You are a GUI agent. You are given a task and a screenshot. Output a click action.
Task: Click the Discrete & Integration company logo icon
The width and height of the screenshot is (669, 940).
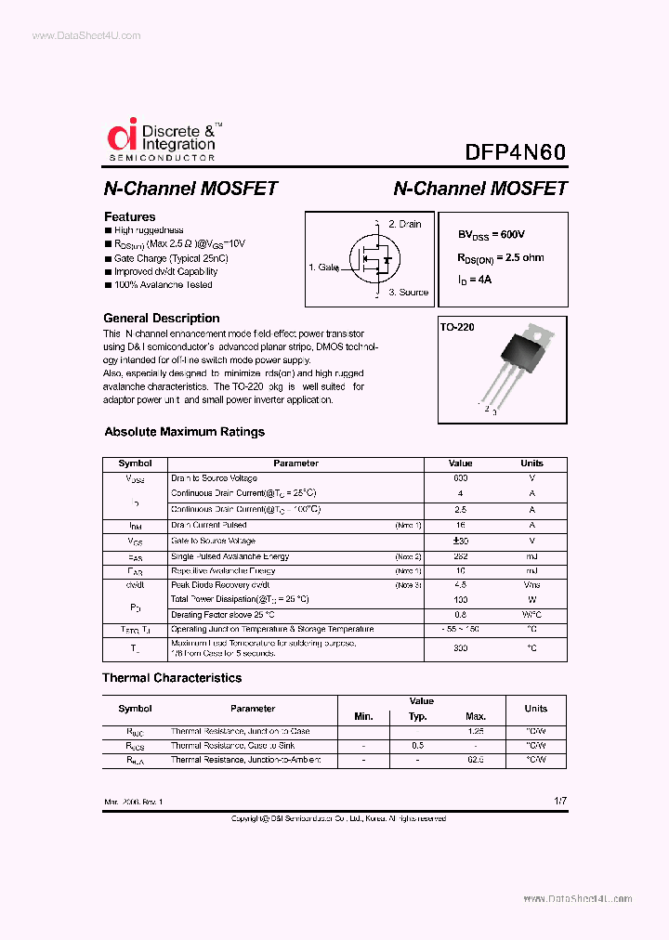122,136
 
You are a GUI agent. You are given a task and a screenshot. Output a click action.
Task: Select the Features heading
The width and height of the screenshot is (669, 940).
129,216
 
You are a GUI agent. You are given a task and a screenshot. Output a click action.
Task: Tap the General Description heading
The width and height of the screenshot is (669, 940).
161,318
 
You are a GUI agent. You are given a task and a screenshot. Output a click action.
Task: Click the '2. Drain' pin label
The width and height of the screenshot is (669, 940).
404,224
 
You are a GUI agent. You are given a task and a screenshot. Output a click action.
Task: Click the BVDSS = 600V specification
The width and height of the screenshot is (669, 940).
497,235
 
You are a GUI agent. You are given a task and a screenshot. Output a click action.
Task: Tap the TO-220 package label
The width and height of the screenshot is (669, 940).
457,328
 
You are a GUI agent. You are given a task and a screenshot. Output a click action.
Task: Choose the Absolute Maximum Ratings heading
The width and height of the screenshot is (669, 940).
184,432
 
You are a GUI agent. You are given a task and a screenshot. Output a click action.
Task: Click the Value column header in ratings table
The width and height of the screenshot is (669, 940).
460,463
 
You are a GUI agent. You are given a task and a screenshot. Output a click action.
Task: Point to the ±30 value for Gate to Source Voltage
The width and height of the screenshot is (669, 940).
460,541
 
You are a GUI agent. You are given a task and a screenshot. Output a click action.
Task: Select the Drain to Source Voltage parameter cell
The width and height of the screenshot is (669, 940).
214,478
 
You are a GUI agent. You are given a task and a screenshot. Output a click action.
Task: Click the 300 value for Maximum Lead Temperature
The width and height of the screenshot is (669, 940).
460,648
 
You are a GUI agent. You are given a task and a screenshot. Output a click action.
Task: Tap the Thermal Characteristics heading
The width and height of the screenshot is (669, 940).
172,678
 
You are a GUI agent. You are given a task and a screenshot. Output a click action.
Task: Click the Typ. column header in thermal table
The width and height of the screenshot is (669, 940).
418,716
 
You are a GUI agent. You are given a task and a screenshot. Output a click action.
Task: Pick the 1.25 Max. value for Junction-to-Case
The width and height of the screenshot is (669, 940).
475,731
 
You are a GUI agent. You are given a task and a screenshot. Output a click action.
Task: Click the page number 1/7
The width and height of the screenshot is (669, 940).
559,800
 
